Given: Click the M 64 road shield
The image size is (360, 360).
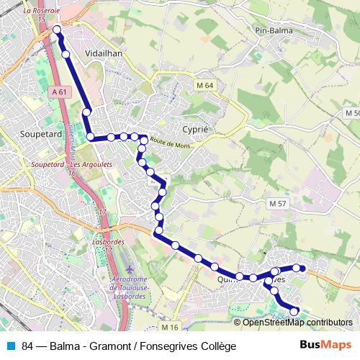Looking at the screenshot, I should point(205,86).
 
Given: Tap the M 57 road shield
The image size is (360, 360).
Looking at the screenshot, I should point(278,204).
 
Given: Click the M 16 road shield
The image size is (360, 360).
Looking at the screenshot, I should point(170,328).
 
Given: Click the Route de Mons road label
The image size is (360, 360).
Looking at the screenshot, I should point(171,144).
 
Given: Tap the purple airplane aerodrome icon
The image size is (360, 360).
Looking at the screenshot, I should point(130,269).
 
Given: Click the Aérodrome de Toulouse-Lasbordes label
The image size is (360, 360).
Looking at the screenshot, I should point(130,287).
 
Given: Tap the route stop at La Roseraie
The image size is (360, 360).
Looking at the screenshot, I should point(57,30).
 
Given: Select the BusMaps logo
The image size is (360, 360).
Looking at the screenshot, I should point(325,346).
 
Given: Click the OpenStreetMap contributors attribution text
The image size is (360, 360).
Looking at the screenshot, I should point(297,323).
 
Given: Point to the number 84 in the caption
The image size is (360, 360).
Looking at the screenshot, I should point(29,346).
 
